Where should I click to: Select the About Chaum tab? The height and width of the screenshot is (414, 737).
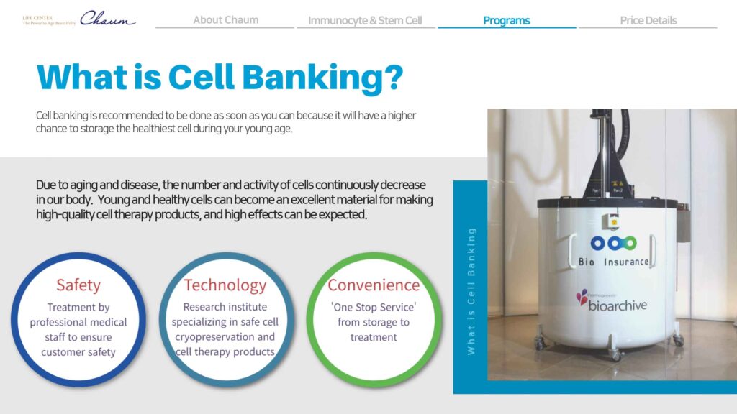click(x=225, y=19)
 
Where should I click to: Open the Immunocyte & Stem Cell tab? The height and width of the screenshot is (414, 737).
click(x=365, y=20)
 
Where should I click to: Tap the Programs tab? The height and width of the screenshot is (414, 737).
click(x=506, y=20)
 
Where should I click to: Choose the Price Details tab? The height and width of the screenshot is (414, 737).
click(x=648, y=20)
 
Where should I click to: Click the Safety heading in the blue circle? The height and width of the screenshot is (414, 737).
click(x=78, y=285)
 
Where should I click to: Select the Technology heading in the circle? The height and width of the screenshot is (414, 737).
click(x=225, y=285)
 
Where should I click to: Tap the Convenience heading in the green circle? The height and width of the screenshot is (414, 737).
click(x=374, y=285)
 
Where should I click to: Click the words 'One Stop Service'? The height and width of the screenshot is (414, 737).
click(x=374, y=307)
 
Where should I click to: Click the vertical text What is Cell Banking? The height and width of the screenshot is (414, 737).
click(x=471, y=291)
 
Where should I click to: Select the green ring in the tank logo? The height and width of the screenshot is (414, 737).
click(x=630, y=243)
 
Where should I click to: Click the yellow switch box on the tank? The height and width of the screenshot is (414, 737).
click(x=613, y=221)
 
